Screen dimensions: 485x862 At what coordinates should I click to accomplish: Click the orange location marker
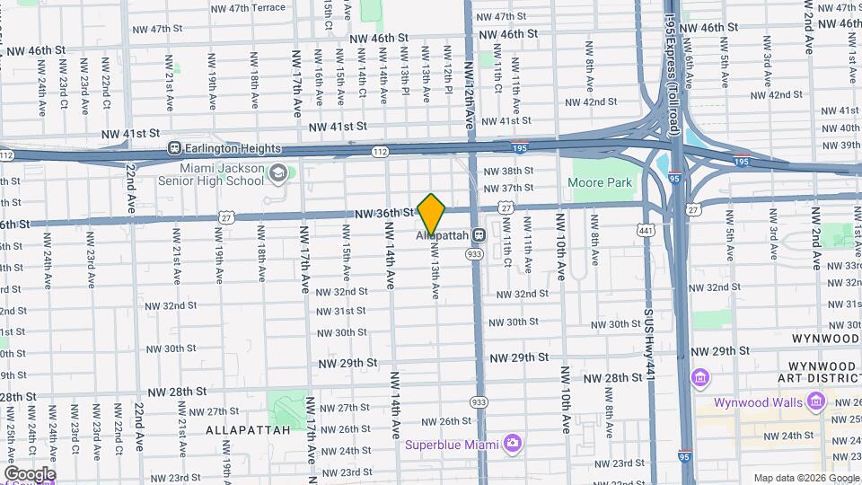(x=432, y=214)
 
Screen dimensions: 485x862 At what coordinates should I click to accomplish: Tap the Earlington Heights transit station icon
(x=176, y=148)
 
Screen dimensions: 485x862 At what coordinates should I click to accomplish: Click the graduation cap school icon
(x=279, y=171)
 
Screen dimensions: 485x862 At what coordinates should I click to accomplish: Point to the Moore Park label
(x=601, y=182)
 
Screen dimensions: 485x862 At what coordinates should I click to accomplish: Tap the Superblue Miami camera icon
(x=513, y=443)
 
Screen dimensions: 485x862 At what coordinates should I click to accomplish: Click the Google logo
(x=30, y=473)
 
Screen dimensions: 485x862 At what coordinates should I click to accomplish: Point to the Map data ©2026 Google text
(x=805, y=478)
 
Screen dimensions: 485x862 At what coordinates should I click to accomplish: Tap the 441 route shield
(x=645, y=232)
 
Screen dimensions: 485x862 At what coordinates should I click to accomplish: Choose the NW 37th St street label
(x=509, y=188)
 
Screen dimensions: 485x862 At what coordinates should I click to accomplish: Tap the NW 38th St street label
(x=508, y=171)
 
